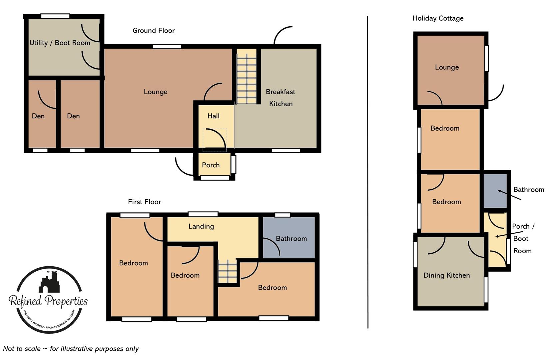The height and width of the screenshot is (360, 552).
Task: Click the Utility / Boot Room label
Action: click(60, 43)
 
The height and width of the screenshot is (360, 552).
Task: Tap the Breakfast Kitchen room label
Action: click(280, 98)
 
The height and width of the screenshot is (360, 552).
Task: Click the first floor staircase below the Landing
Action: click(228, 271)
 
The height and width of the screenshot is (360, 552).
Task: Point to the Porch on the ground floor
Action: click(211, 165)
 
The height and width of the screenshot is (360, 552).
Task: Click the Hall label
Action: click(213, 116)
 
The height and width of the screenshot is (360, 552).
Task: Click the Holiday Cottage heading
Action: click(438, 18)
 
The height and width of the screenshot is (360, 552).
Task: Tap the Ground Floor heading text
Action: click(154, 31)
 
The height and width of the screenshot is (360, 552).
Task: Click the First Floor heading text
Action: click(144, 202)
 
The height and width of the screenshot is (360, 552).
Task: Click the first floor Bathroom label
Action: click(291, 238)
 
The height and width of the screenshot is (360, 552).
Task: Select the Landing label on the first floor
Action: click(201, 226)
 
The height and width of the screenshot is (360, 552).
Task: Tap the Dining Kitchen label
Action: click(446, 275)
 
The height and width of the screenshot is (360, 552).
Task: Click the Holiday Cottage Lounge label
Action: click(447, 67)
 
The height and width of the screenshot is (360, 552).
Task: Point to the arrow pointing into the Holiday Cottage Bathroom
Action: click(509, 195)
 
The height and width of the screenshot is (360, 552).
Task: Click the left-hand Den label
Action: click(38, 116)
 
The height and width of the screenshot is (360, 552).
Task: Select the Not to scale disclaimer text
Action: click(71, 349)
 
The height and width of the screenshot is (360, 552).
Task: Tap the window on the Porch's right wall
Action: click(234, 164)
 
